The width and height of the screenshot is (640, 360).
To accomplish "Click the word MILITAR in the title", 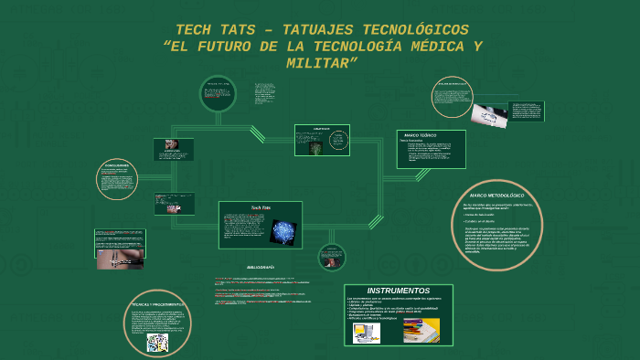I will [319, 63].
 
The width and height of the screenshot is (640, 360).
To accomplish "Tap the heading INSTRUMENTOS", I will [398, 291].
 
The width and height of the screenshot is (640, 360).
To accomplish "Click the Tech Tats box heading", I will [261, 208].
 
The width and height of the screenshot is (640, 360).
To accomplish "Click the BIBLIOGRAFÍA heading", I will [261, 267].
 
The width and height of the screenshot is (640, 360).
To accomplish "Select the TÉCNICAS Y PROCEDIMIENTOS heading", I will [157, 303].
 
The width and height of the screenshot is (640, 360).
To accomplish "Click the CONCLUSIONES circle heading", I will [116, 165].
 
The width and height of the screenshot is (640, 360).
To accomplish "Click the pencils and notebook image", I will [421, 330].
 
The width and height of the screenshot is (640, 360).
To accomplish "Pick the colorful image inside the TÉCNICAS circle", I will [157, 342].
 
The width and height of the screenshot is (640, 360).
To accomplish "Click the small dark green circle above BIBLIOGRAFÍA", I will [331, 258].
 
